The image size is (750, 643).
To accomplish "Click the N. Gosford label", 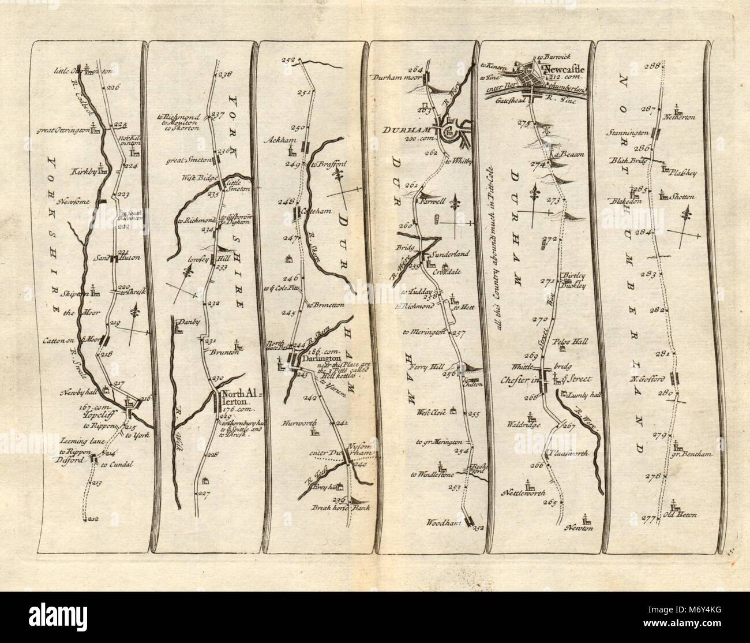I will [x=650, y=379].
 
